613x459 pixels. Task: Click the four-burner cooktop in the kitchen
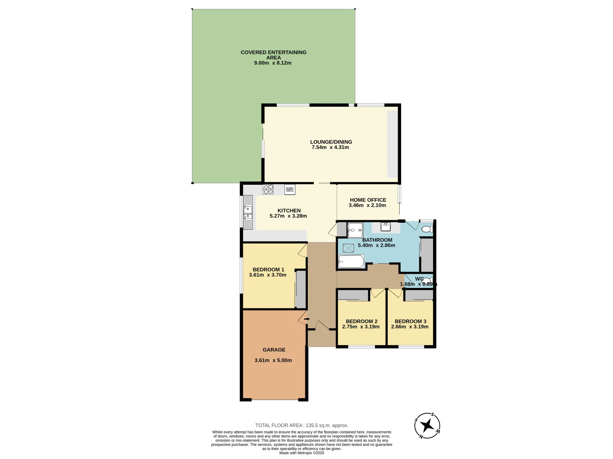pyautogui.click(x=268, y=189)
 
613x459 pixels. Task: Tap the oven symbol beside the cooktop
pyautogui.click(x=290, y=190)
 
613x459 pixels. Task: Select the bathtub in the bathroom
pyautogui.click(x=351, y=262)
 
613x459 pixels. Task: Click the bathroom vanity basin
pyautogui.click(x=386, y=227)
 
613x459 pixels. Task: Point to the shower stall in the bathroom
pyautogui.click(x=355, y=230)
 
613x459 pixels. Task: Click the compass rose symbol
pyautogui.click(x=427, y=425)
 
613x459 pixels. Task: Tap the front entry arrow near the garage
pyautogui.click(x=306, y=319)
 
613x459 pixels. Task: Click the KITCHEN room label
pyautogui.click(x=289, y=210)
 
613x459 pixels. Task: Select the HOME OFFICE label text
pyautogui.click(x=368, y=200)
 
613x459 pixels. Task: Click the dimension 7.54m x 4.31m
pyautogui.click(x=330, y=147)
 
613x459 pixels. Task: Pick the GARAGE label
pyautogui.click(x=274, y=350)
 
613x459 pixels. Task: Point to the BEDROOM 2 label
pyautogui.click(x=361, y=321)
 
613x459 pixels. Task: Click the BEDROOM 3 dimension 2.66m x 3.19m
pyautogui.click(x=410, y=327)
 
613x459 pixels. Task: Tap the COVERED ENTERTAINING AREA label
pyautogui.click(x=273, y=55)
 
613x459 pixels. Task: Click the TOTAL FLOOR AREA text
pyautogui.click(x=301, y=425)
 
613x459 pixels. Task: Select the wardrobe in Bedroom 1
pyautogui.click(x=301, y=289)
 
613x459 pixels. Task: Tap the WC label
pyautogui.click(x=419, y=279)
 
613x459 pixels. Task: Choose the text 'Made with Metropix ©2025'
pyautogui.click(x=301, y=453)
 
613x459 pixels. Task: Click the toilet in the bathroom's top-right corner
pyautogui.click(x=427, y=229)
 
